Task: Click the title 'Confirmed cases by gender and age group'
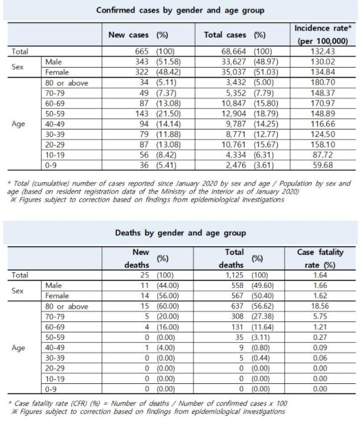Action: pyautogui.click(x=181, y=10)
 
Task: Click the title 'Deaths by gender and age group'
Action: pyautogui.click(x=181, y=233)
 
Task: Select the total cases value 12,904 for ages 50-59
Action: pyautogui.click(x=220, y=114)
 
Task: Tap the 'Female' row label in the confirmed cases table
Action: pyautogui.click(x=56, y=72)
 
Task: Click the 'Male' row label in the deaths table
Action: pyautogui.click(x=53, y=286)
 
